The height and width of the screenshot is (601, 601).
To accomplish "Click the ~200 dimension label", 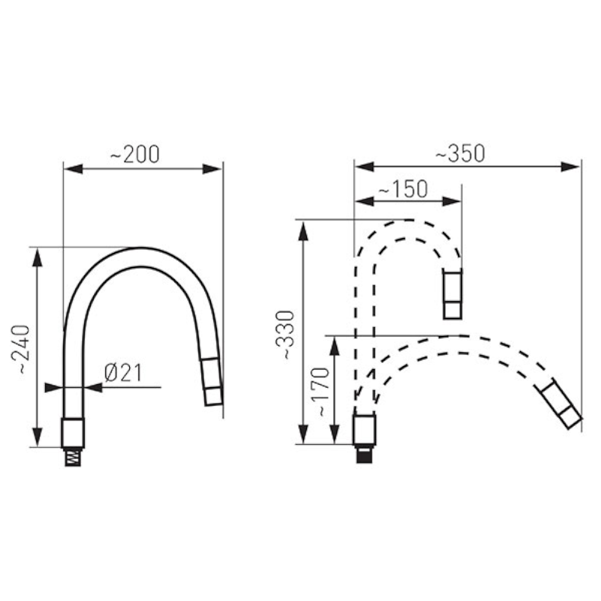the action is [135, 154].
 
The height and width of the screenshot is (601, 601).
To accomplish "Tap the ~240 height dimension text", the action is [20, 349].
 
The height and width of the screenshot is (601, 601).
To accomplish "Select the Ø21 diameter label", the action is [123, 373].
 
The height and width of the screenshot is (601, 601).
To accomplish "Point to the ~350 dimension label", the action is [460, 153].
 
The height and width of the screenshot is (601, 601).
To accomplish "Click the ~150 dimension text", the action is [403, 189].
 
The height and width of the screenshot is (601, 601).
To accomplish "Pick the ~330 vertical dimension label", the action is [285, 335].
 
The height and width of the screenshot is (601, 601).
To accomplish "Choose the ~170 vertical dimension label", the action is [320, 392].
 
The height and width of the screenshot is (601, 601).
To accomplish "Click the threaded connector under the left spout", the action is [73, 457].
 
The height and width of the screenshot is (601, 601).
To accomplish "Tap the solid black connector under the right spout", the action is [364, 454].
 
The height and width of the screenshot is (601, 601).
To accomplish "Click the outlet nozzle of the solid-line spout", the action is [212, 382].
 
